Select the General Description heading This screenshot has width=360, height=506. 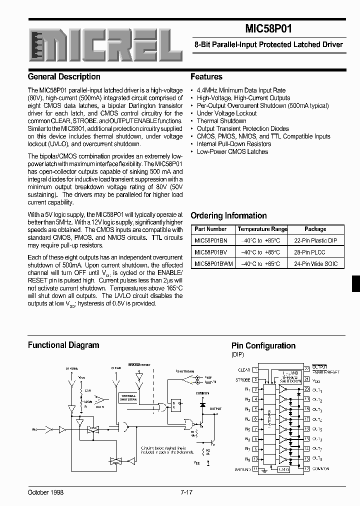click(64, 77)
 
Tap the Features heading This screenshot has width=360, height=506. click(206, 77)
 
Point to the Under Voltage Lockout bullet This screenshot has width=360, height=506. click(226, 113)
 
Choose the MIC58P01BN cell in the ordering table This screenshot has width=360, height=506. click(210, 240)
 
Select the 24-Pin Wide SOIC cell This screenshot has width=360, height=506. click(315, 263)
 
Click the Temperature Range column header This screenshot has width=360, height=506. click(262, 229)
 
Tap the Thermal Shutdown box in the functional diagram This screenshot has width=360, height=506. click(127, 397)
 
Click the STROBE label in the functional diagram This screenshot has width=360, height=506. click(71, 368)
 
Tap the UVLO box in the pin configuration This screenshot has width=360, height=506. click(283, 469)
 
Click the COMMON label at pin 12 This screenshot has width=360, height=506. click(321, 469)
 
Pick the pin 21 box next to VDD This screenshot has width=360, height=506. click(305, 380)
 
